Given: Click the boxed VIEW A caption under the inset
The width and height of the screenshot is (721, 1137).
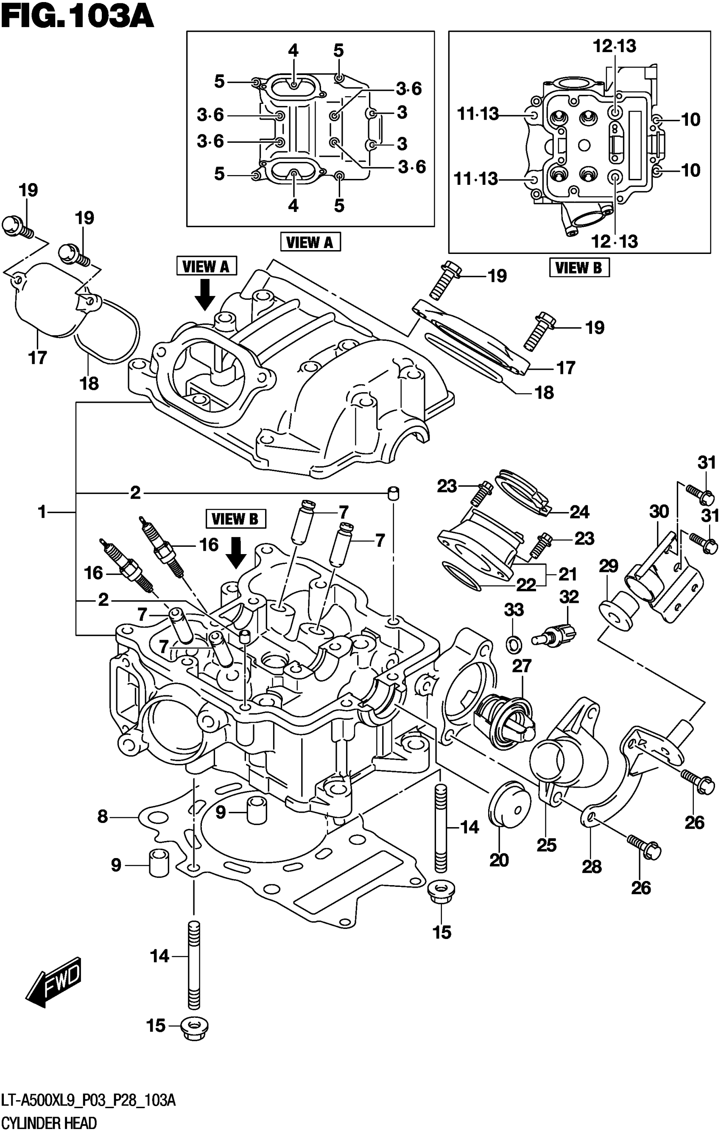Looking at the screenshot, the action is click(310, 242).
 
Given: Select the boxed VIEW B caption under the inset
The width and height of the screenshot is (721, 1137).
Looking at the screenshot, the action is click(579, 268).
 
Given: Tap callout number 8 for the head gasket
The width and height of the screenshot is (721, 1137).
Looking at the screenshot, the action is click(103, 816).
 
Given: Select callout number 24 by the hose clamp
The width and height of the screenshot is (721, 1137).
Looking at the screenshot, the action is click(579, 512).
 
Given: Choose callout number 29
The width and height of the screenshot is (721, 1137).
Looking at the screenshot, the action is click(609, 566).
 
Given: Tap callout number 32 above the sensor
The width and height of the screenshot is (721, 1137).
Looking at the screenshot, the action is click(569, 597).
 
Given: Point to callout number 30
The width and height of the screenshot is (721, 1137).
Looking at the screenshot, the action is click(659, 511).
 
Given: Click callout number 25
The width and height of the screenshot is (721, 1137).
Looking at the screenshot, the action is click(547, 845).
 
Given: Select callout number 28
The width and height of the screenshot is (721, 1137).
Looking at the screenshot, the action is click(592, 867).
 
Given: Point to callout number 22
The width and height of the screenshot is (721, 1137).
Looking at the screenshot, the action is click(526, 585).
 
